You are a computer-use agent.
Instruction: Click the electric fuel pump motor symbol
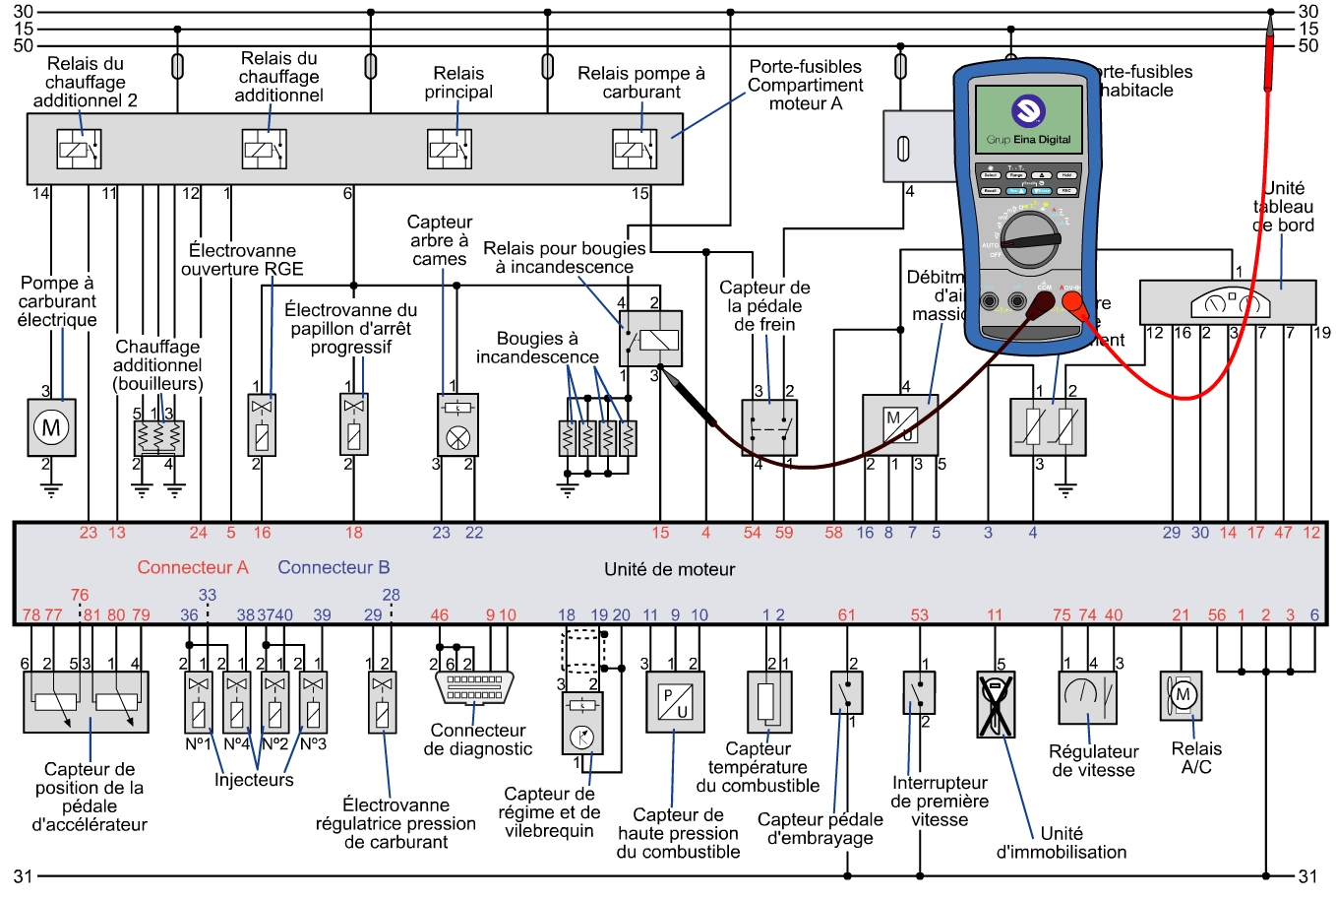pyautogui.click(x=51, y=427)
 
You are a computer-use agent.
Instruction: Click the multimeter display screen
pyautogui.click(x=1028, y=119)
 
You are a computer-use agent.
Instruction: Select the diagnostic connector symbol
pyautogui.click(x=474, y=687)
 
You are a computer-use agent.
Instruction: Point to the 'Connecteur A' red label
pyautogui.click(x=193, y=567)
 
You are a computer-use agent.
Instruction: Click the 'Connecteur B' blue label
pyautogui.click(x=334, y=567)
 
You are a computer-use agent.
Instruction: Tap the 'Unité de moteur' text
pyautogui.click(x=669, y=569)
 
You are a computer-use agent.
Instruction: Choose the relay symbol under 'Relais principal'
pyautogui.click(x=450, y=150)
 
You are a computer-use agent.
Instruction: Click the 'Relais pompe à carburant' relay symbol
pyautogui.click(x=635, y=150)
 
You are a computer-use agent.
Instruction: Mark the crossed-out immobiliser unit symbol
pyautogui.click(x=996, y=704)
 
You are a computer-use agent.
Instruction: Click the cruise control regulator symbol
pyautogui.click(x=1088, y=698)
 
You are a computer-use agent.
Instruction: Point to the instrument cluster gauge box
pyautogui.click(x=1227, y=302)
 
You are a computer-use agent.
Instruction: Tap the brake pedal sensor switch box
pyautogui.click(x=769, y=427)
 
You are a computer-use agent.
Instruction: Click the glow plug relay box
pyautogui.click(x=651, y=339)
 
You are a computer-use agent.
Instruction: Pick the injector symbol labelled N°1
pyautogui.click(x=199, y=703)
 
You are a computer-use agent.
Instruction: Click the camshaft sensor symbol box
pyautogui.click(x=457, y=424)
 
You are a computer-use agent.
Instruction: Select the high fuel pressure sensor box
pyautogui.click(x=675, y=702)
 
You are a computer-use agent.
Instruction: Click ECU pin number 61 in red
pyautogui.click(x=847, y=615)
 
